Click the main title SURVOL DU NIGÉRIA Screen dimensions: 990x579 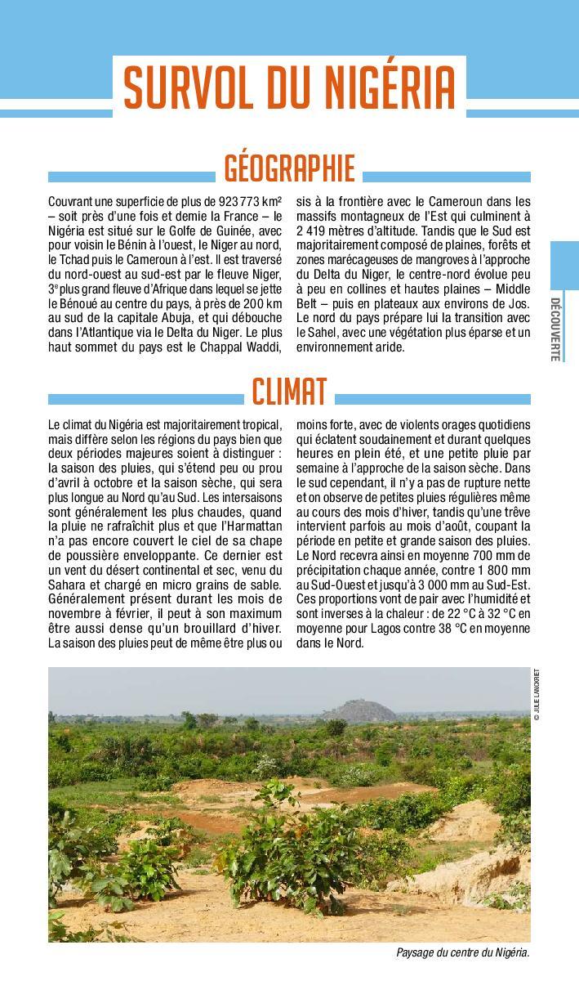(289, 87)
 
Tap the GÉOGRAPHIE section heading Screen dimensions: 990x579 (289, 168)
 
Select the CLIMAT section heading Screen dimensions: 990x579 (289, 392)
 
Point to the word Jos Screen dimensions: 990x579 (519, 304)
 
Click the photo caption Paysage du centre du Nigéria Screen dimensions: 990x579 (462, 953)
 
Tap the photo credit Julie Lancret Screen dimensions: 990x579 (537, 694)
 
